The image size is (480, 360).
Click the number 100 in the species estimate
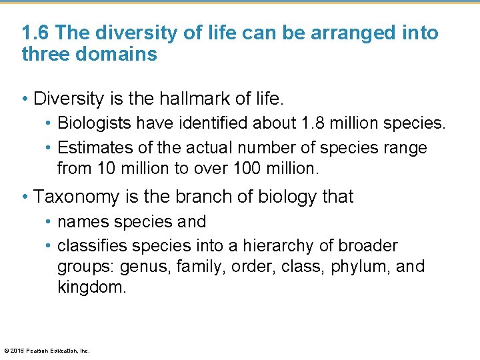247,169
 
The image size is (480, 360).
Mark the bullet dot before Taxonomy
25,197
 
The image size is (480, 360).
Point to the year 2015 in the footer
17,350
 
